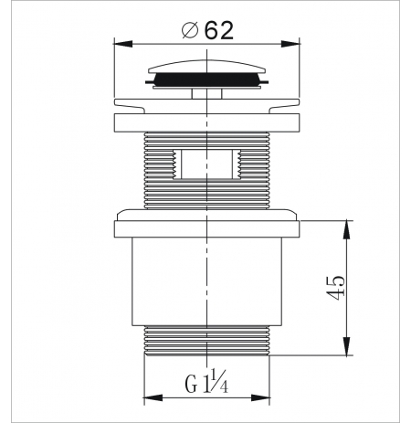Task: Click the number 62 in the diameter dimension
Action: coord(219,30)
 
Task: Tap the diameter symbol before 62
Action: coord(190,30)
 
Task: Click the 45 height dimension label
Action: coord(335,288)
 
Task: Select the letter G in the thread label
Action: coord(191,385)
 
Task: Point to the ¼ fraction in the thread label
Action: coord(220,381)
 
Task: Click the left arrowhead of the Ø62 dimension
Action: coord(123,44)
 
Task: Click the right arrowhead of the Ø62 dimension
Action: coord(290,44)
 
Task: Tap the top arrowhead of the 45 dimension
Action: coord(346,230)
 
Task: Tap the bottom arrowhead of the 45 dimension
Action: coord(346,346)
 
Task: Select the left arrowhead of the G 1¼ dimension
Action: coord(153,397)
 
